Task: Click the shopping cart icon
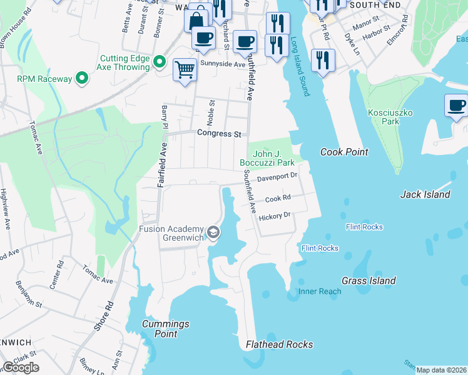tap(185, 69)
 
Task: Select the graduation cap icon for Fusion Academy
tap(214, 233)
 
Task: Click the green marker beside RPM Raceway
tap(81, 79)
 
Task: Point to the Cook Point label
tap(344, 152)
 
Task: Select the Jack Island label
tap(425, 194)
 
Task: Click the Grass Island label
tap(369, 281)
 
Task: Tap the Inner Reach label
tap(320, 291)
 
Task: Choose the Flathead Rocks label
tap(279, 344)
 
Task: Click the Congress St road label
tap(219, 134)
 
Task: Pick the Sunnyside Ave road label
tap(222, 64)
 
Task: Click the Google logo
tap(21, 367)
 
